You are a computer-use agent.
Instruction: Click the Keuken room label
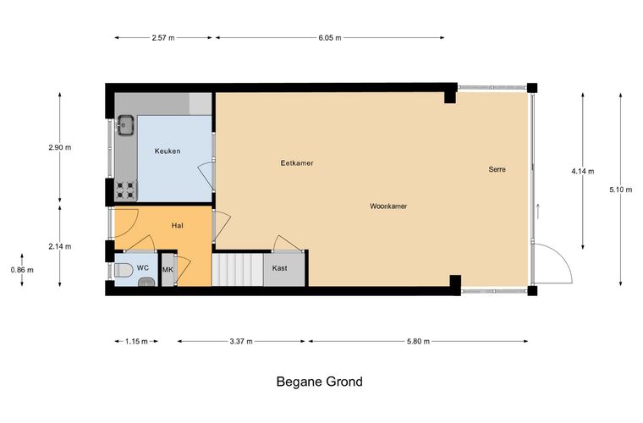pos(168,151)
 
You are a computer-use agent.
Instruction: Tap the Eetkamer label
pos(297,163)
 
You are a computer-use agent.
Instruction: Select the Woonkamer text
pos(388,206)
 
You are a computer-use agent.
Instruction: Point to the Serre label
pos(497,169)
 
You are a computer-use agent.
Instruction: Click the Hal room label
pos(177,225)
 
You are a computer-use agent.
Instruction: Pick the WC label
pos(143,268)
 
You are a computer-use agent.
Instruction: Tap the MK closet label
pos(168,270)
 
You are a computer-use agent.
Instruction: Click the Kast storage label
pos(280,268)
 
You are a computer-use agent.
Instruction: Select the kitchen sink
pos(125,125)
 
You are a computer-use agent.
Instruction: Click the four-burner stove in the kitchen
pos(125,190)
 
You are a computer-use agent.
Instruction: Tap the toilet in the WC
pos(124,270)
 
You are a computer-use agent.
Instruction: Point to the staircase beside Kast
pos(238,270)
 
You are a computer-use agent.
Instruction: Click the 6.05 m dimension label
pos(330,38)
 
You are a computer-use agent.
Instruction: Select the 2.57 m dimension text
pos(162,38)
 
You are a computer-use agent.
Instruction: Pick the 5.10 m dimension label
pos(620,190)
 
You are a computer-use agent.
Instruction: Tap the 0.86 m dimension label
pos(22,270)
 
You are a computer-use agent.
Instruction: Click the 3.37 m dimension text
pos(241,342)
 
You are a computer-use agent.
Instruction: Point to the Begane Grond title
pos(320,382)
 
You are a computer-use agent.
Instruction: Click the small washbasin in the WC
pos(146,282)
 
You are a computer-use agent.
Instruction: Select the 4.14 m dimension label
pos(582,172)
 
